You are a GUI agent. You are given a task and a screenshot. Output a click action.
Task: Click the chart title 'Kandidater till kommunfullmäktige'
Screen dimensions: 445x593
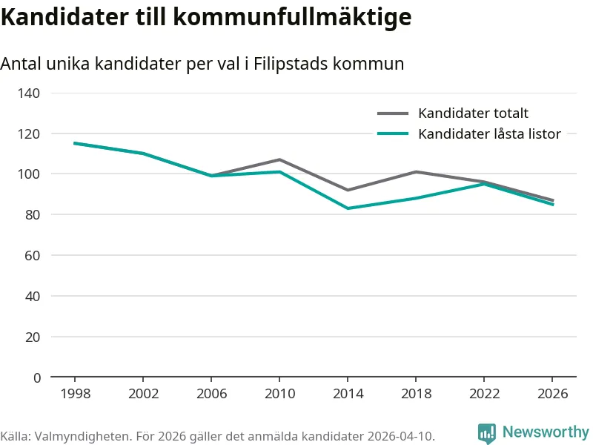pos(206,16)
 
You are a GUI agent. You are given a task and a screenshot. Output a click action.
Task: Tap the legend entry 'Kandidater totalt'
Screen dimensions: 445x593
pos(473,113)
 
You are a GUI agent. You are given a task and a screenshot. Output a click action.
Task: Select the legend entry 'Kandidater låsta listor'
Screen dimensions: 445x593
pos(489,134)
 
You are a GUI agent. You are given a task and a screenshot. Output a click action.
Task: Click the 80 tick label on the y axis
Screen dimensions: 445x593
pos(33,215)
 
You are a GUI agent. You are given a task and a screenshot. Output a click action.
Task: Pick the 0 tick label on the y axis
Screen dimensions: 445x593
pos(37,378)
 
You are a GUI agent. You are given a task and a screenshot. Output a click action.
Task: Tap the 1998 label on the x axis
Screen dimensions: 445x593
pos(75,394)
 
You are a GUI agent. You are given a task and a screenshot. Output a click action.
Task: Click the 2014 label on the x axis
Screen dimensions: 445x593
pos(348,394)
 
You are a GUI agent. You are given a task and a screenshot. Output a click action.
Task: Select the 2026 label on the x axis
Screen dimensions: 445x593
pos(552,394)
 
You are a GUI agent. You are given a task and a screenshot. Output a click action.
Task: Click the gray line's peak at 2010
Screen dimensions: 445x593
pos(279,159)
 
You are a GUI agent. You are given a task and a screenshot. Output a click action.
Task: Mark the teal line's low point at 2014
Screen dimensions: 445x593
pos(348,208)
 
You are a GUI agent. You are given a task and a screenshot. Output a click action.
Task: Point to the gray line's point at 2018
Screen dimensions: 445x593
pos(416,172)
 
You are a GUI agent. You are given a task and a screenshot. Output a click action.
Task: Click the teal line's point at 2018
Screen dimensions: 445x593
pos(416,198)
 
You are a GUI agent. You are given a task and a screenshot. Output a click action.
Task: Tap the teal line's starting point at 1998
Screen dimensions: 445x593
pos(75,143)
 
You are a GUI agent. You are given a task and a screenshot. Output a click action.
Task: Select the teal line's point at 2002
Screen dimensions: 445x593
pos(143,154)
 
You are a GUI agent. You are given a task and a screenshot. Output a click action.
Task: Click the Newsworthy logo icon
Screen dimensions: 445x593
pos(487,433)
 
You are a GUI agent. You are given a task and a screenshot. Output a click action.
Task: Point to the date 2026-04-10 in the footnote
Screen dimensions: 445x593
pos(400,435)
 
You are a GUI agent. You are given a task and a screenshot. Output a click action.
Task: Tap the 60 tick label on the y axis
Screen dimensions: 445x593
pos(33,256)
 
